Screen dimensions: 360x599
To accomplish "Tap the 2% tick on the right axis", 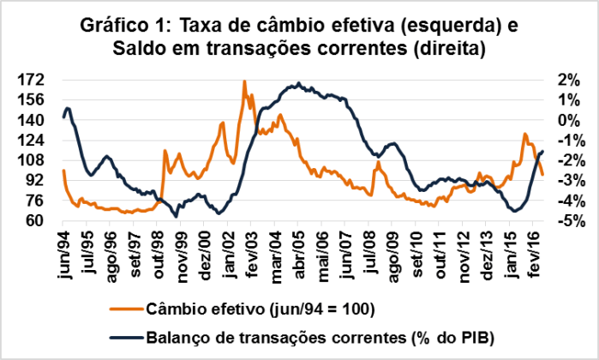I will (x=566, y=80).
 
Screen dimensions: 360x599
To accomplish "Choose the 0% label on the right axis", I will (x=566, y=120).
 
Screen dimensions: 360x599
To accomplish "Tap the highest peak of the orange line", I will (x=245, y=81).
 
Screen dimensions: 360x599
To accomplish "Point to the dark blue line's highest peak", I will (x=297, y=84).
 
